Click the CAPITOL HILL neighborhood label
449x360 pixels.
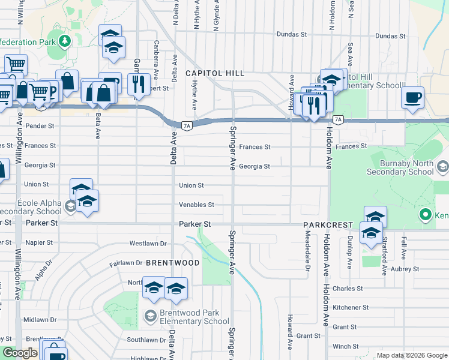tap(215, 73)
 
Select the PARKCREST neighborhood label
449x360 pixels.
tap(328, 225)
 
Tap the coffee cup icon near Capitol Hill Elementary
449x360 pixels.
tap(412, 97)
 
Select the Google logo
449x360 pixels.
tap(20, 353)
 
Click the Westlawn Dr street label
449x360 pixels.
tap(148, 244)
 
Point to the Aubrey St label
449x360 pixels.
tap(406, 269)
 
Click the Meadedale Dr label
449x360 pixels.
tap(306, 253)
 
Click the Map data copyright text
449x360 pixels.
tap(411, 355)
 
